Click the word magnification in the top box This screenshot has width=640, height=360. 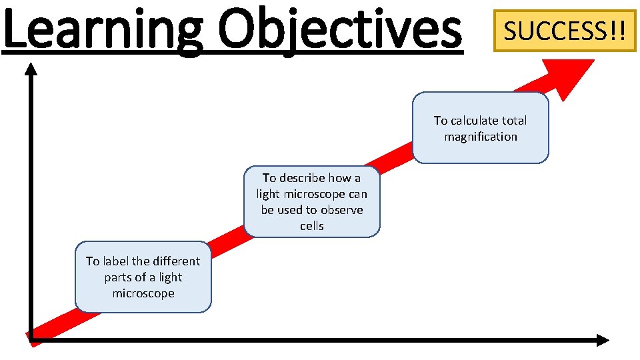[x=481, y=137]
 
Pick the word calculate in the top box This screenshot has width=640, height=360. [x=475, y=121]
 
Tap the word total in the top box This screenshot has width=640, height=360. [x=514, y=121]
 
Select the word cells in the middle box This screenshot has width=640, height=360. [x=311, y=226]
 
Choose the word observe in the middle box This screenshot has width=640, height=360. [x=341, y=210]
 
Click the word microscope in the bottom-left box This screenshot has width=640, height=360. [x=143, y=293]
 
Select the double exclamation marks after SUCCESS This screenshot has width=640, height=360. [x=617, y=31]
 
